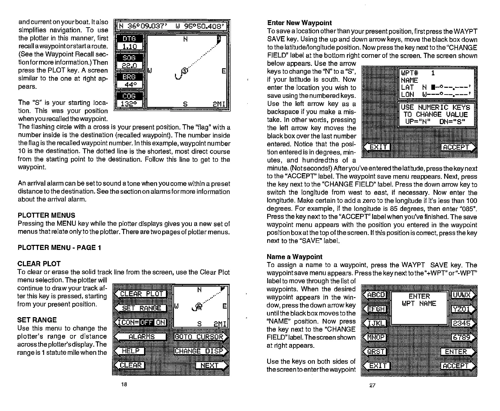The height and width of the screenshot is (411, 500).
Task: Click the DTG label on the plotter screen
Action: tap(129, 39)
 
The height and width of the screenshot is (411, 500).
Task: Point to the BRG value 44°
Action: tap(129, 85)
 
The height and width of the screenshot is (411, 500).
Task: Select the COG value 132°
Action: tap(129, 104)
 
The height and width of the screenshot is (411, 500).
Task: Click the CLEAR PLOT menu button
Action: tap(141, 294)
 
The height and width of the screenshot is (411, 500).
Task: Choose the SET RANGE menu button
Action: tap(141, 308)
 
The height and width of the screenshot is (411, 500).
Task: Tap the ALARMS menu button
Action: tap(141, 337)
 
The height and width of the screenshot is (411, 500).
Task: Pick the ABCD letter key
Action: tap(375, 295)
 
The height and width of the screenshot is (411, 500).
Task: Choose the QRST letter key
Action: tap(375, 352)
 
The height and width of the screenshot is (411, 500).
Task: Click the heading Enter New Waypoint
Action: tap(299, 23)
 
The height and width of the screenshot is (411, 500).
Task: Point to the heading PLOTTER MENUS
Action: tap(46, 215)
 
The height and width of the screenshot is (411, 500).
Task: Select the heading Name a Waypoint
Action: tap(294, 257)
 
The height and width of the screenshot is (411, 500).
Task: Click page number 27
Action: tap(372, 385)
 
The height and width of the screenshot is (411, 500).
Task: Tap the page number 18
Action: tap(124, 385)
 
